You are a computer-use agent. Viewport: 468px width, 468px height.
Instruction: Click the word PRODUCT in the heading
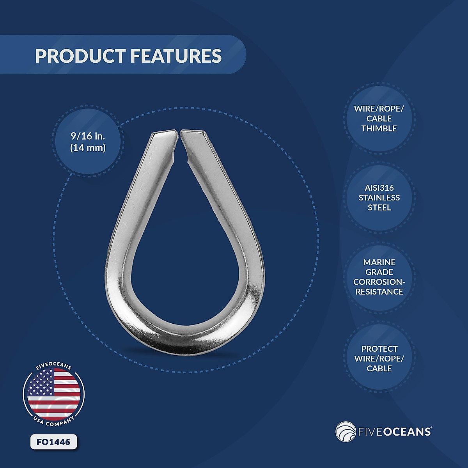(x=80, y=56)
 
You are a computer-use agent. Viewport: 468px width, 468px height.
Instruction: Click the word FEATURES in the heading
(x=175, y=56)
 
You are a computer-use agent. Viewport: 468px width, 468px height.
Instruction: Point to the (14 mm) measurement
(x=88, y=148)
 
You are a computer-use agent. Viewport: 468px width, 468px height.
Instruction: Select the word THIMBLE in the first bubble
(x=379, y=128)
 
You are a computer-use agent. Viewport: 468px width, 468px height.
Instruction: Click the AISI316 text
(x=379, y=188)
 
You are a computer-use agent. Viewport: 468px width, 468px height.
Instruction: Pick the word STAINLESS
(x=379, y=198)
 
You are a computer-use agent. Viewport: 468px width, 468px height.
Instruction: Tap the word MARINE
(x=379, y=262)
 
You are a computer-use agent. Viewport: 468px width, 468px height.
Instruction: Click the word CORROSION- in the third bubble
(x=379, y=282)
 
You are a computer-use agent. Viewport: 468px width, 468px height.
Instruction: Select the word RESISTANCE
(x=379, y=292)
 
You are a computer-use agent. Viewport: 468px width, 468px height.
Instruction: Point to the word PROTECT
(x=379, y=349)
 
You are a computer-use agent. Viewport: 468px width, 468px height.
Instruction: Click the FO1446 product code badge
(x=53, y=442)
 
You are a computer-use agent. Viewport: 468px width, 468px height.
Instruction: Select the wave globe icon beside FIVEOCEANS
(x=345, y=431)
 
